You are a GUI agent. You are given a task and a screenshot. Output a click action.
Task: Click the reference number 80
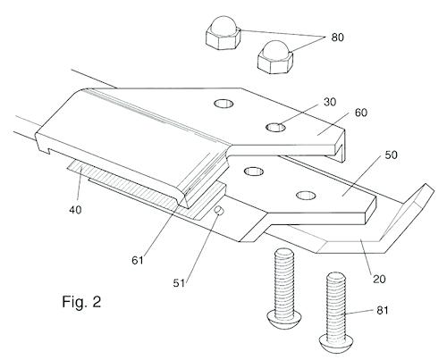[x=337, y=38]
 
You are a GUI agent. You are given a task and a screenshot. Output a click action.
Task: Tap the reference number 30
[x=330, y=102]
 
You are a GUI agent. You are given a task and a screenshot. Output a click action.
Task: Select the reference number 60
[x=361, y=113]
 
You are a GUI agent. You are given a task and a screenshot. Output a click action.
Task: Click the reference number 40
[x=75, y=210]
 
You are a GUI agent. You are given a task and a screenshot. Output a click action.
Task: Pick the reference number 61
[x=138, y=261]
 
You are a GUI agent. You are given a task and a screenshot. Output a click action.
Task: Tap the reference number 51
[x=179, y=283]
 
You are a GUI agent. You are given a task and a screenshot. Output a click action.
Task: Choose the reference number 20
[x=379, y=279]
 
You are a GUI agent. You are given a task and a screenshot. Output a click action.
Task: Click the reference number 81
[x=383, y=311]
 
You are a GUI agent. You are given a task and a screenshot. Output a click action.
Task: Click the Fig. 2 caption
[x=81, y=302]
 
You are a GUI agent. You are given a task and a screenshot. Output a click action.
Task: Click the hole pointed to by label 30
[x=275, y=128]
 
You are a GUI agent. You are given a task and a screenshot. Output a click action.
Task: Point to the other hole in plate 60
[x=223, y=104]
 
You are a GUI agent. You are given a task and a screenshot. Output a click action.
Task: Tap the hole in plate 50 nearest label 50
[x=306, y=195]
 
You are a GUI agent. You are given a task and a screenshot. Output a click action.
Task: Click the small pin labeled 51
[x=219, y=211]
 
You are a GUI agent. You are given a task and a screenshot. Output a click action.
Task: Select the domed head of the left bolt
[x=284, y=319]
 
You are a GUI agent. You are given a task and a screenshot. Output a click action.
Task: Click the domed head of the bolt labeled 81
[x=337, y=342]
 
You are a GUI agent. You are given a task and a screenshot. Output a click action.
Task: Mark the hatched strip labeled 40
[x=143, y=188]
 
